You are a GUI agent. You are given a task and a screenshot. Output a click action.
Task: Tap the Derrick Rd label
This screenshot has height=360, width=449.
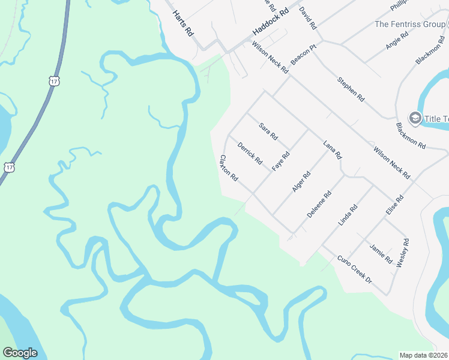tap(250, 153)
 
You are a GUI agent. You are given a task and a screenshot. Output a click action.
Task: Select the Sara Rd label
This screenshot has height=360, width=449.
tap(268, 131)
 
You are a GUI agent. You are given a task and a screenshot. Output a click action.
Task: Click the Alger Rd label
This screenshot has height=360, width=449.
tap(301, 181)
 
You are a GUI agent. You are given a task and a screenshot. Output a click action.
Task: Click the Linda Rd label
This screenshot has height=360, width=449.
tap(348, 215)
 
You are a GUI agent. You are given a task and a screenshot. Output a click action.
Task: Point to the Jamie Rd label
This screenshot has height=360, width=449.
tap(381, 254)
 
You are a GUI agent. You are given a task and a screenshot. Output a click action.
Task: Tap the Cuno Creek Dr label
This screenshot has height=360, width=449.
tap(355, 269)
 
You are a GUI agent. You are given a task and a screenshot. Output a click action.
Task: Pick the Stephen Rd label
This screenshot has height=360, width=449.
tap(351, 88)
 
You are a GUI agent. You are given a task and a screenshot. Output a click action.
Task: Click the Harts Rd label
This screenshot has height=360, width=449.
tap(182, 23)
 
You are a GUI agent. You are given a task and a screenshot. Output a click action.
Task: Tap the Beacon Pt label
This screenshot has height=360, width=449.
tap(303, 55)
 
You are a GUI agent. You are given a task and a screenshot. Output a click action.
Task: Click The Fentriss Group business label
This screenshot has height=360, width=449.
tap(410, 24)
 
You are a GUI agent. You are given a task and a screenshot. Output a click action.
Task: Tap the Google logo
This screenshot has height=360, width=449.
tap(20, 353)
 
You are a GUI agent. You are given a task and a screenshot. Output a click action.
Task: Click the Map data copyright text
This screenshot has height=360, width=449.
tap(423, 355)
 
